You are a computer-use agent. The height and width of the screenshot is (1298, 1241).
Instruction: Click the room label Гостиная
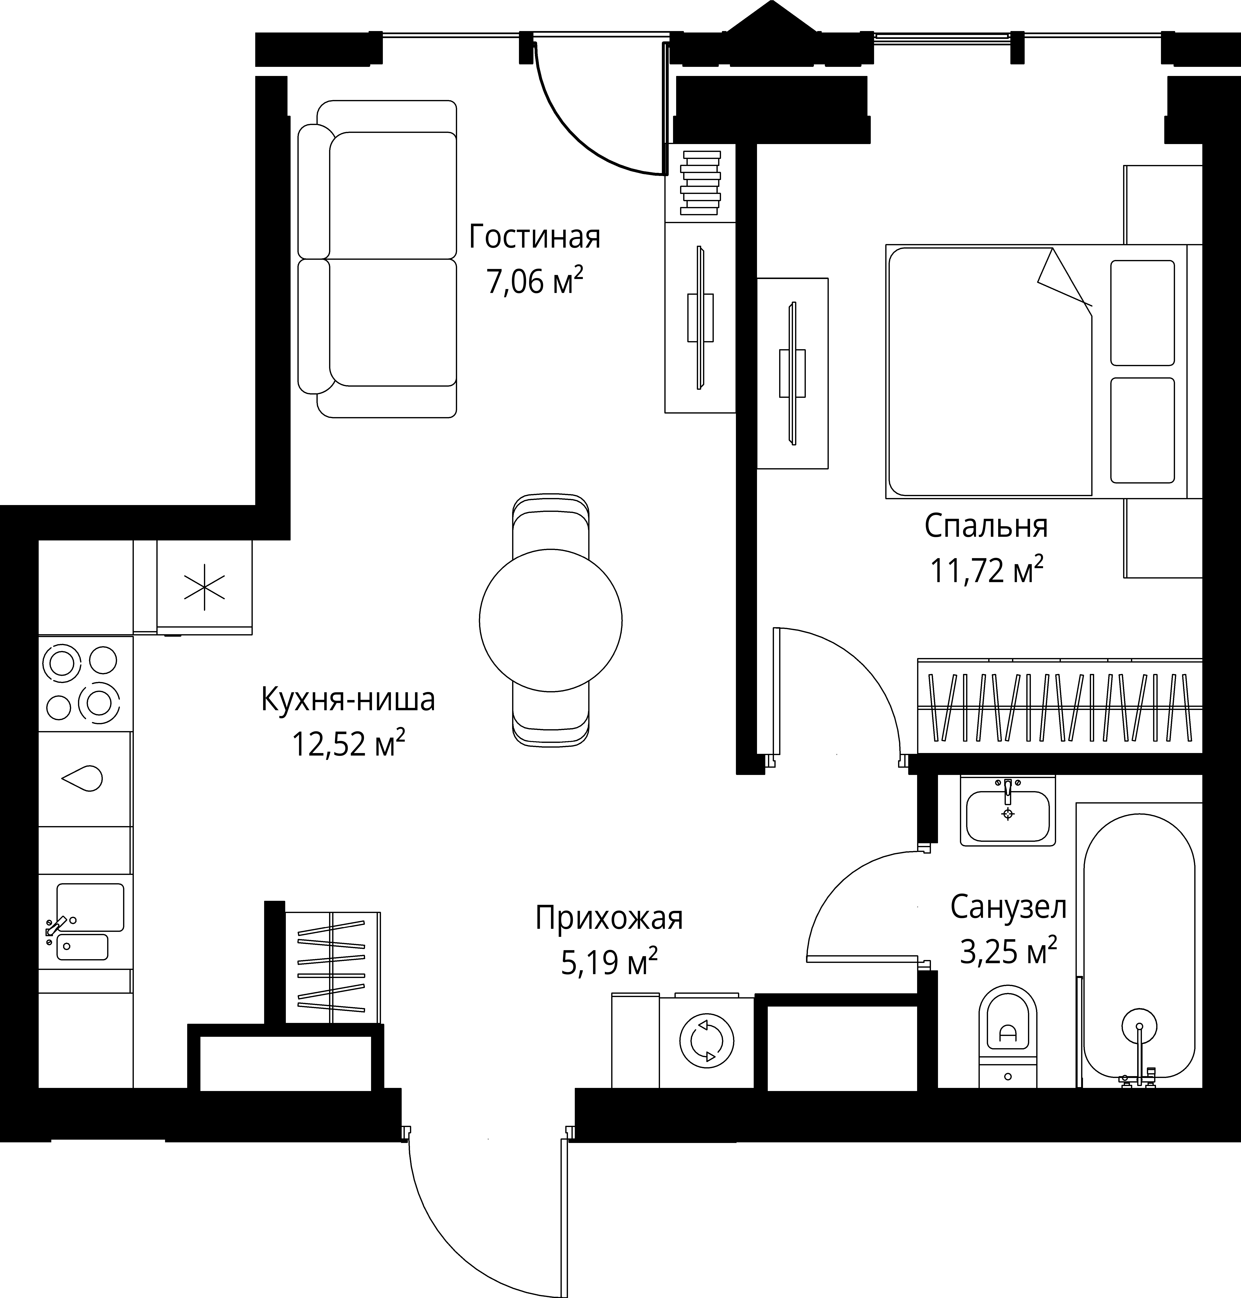534,237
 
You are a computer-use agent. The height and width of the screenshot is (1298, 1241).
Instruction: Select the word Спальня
986,526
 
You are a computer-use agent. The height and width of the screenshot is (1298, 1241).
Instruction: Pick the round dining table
550,620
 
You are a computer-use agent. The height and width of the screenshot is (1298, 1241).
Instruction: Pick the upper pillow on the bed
1142,312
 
